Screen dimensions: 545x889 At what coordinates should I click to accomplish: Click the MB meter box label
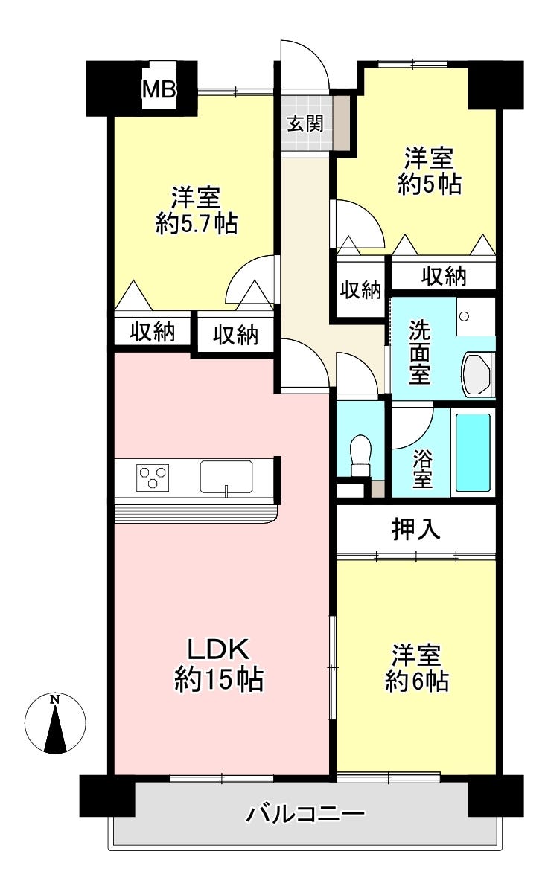point(159,89)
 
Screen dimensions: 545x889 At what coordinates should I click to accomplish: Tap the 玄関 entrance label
point(305,123)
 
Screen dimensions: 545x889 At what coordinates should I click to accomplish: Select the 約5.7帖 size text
point(197,225)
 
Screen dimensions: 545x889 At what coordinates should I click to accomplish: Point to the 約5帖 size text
point(429,184)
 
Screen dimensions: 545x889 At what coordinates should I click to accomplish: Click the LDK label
point(219,649)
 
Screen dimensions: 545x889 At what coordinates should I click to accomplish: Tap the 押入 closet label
point(416,529)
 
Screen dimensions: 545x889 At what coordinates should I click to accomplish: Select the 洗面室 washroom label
point(419,353)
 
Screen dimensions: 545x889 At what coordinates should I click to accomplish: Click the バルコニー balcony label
point(305,815)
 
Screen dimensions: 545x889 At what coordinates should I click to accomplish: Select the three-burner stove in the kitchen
point(153,477)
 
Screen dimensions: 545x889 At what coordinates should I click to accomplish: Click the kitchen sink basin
point(226,475)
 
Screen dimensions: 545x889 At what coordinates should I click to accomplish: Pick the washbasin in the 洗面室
point(476,373)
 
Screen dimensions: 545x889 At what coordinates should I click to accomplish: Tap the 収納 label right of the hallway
point(360,289)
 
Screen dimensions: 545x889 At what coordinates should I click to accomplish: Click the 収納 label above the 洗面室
point(444,275)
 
